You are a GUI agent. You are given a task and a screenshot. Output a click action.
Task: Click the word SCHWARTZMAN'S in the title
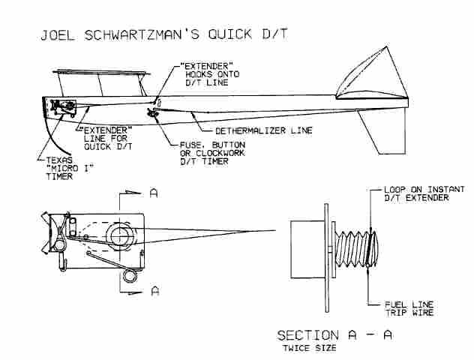point(142,34)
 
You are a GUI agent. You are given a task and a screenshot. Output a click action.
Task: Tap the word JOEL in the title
point(58,34)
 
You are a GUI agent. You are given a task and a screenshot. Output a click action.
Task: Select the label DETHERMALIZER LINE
point(263,130)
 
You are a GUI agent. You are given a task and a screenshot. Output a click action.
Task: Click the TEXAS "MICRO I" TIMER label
point(68,168)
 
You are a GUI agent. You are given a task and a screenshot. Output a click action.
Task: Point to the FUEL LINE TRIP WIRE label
point(409,308)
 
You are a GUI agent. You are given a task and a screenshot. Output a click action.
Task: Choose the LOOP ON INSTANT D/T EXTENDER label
point(424,193)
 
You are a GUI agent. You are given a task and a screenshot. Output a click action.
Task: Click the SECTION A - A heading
point(334,335)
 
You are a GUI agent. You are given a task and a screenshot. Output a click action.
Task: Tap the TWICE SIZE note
point(309,348)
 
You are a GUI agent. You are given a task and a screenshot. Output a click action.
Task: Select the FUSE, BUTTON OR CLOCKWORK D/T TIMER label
point(212,153)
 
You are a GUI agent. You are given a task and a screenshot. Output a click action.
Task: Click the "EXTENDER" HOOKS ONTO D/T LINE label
point(210,74)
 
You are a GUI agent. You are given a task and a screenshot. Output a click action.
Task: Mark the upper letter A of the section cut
point(154,193)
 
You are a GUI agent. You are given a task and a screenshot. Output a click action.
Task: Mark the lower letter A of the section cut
point(154,291)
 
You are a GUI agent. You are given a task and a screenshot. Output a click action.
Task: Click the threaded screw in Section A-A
point(355,249)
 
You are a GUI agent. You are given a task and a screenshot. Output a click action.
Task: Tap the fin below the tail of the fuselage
point(382,130)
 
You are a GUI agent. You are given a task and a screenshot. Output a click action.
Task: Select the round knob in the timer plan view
point(120,236)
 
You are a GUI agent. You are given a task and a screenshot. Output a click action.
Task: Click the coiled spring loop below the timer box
point(130,277)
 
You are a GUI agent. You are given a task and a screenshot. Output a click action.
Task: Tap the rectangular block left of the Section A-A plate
point(307,249)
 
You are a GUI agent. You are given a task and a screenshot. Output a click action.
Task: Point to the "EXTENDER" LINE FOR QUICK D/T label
point(106,139)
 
